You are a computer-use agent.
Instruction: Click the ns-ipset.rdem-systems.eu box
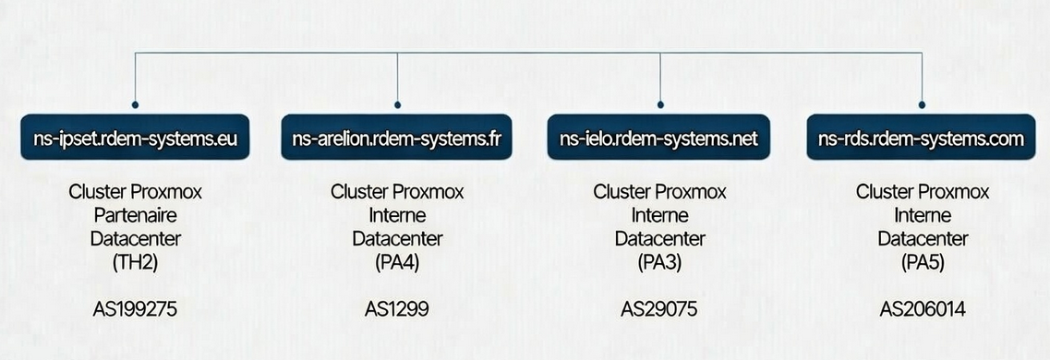click(135, 139)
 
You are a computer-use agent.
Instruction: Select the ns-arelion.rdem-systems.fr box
click(397, 139)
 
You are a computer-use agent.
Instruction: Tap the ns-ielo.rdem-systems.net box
click(659, 139)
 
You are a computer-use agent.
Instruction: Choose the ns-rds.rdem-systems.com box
click(922, 139)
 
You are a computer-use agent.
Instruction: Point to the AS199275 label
click(135, 309)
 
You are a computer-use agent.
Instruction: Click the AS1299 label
click(397, 309)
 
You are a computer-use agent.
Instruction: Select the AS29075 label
click(659, 309)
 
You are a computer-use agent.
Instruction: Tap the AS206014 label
click(922, 309)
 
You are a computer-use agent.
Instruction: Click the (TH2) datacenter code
click(135, 261)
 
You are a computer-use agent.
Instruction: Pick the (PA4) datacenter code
click(397, 261)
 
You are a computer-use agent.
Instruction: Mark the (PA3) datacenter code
click(659, 261)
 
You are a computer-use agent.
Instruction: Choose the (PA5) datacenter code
click(922, 261)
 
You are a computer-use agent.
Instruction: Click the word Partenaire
click(135, 215)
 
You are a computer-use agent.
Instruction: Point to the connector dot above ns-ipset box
click(135, 105)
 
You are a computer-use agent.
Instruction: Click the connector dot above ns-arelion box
click(397, 105)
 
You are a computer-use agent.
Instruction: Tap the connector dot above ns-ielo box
click(659, 105)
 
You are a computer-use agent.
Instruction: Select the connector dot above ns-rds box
click(922, 105)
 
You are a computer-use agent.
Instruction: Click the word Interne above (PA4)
click(397, 215)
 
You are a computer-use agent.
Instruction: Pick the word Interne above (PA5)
click(922, 215)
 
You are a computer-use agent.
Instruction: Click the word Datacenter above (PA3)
click(659, 238)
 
